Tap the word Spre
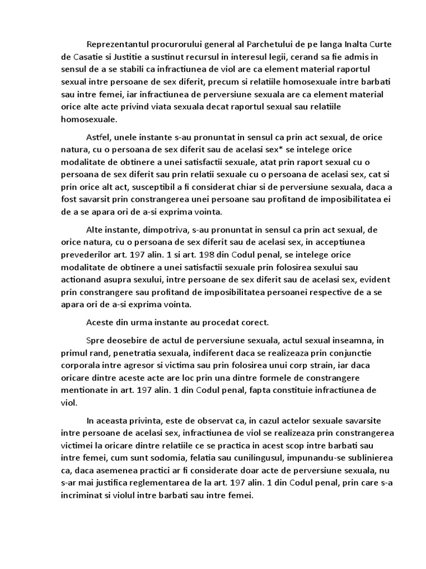click(x=95, y=340)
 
